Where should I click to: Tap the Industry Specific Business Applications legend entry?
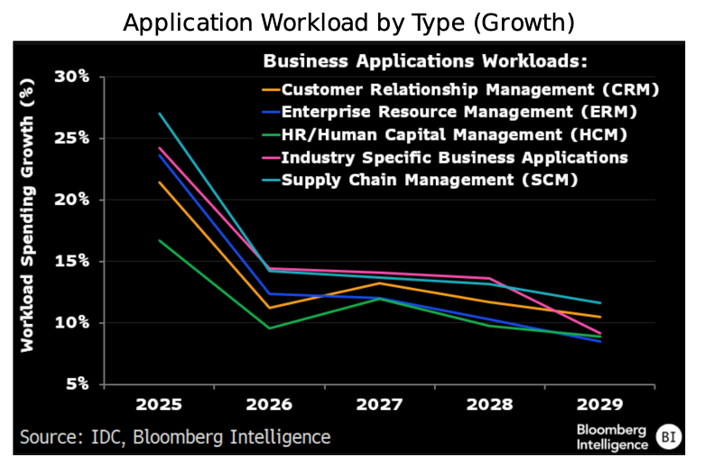[x=454, y=157]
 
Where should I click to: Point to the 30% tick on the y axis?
[x=71, y=77]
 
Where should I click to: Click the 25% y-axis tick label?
[x=71, y=138]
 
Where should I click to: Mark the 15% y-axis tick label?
[x=71, y=261]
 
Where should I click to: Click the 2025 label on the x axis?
[x=159, y=403]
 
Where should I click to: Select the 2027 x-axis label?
[x=379, y=403]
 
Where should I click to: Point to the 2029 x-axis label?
[x=599, y=403]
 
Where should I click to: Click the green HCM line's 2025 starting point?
[x=159, y=240]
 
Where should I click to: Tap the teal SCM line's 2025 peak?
[x=159, y=114]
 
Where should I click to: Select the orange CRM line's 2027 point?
[x=379, y=283]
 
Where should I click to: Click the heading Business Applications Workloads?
[x=425, y=62]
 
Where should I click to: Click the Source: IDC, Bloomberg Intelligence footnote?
[x=176, y=437]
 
